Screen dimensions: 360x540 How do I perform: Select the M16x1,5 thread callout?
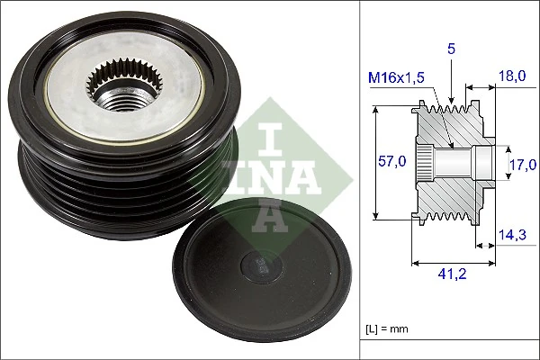395,77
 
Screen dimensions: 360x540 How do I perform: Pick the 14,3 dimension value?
511,235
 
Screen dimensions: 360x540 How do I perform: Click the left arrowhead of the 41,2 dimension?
415,264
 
